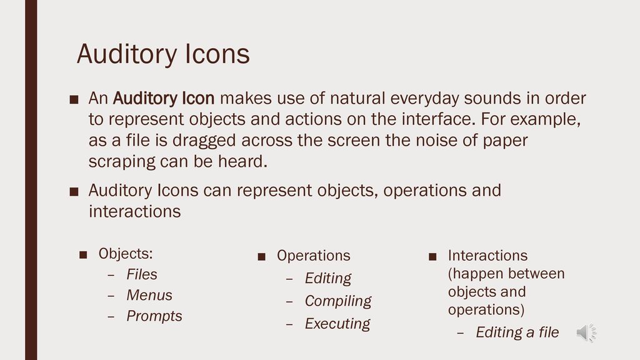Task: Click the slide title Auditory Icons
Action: [x=163, y=54]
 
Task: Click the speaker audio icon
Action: [x=586, y=332]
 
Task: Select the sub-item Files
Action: [x=142, y=274]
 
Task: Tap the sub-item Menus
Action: [x=149, y=295]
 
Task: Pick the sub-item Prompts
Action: [x=154, y=316]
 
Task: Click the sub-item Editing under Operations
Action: [x=328, y=278]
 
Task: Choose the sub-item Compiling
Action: [x=338, y=301]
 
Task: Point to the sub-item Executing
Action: [x=337, y=323]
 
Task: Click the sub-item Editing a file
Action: [x=517, y=332]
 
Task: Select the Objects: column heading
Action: [x=126, y=253]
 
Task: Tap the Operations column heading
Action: [x=314, y=255]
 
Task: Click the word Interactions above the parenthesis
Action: [x=487, y=255]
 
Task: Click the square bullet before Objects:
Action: [x=83, y=254]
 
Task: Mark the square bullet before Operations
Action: [x=262, y=256]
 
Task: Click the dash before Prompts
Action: [x=111, y=316]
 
